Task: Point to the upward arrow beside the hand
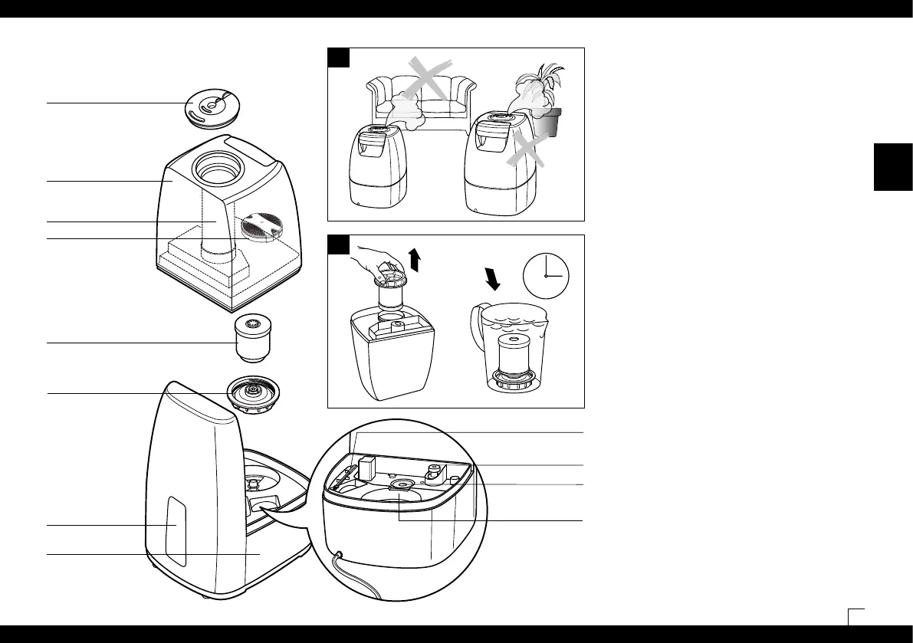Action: click(415, 260)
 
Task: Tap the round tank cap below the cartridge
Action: click(252, 393)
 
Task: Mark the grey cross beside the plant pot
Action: click(525, 150)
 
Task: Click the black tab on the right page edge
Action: click(893, 166)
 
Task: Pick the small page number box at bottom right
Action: click(856, 617)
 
